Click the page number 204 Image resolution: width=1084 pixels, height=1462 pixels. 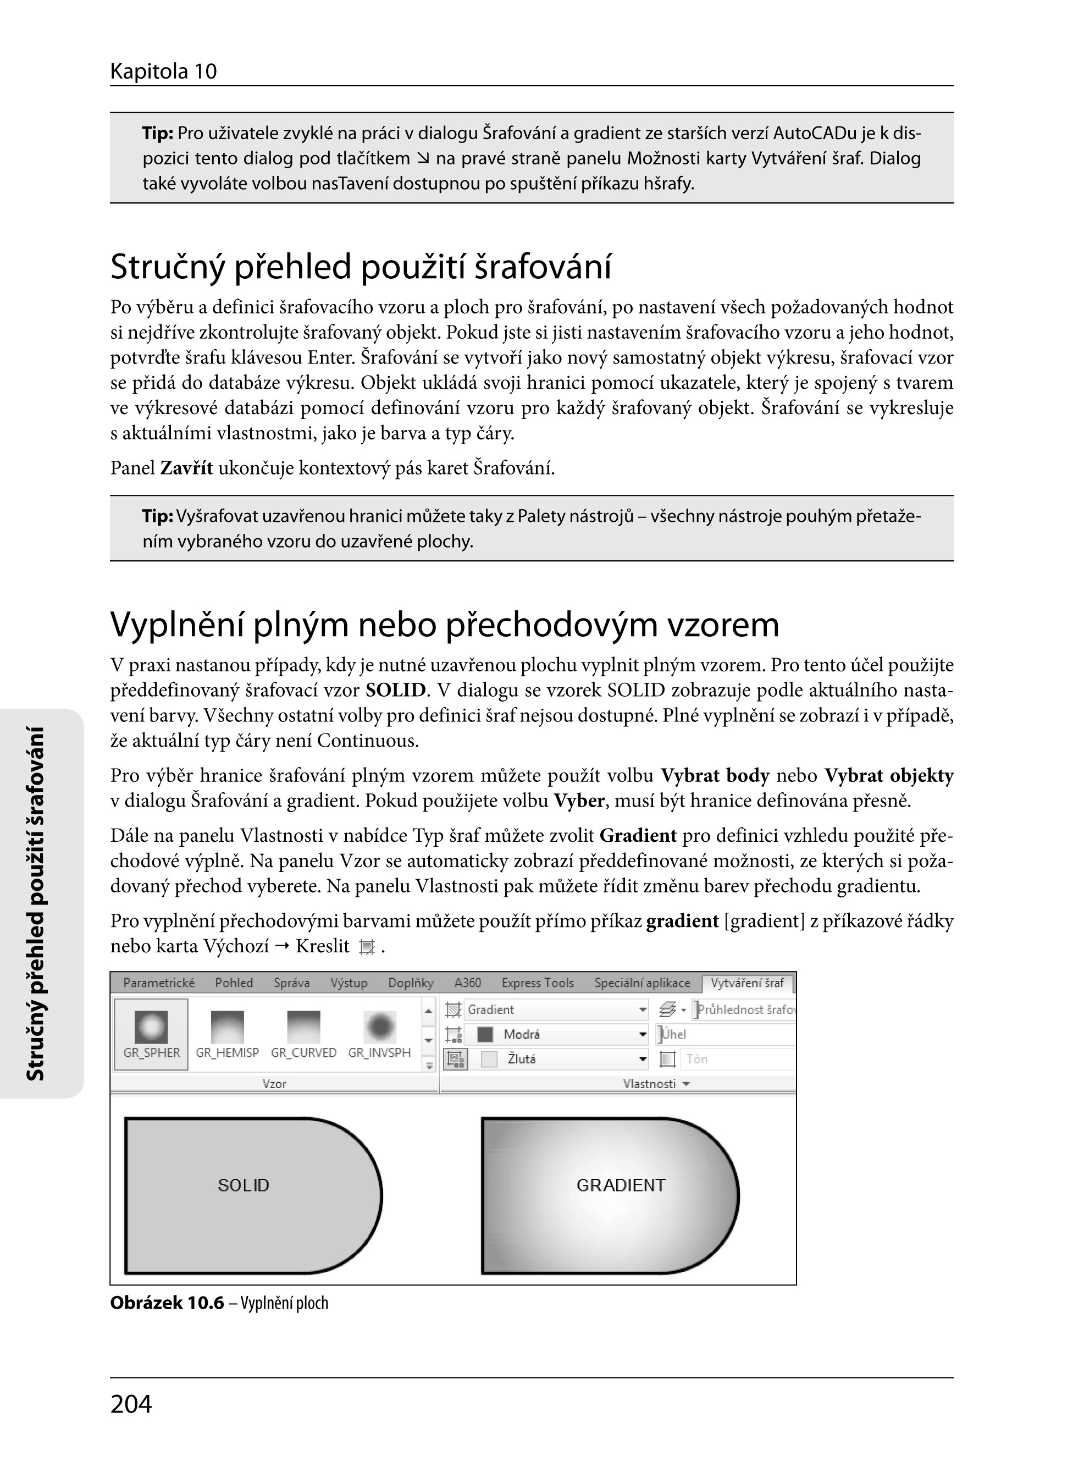click(x=131, y=1404)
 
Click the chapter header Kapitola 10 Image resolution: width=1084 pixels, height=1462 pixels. click(x=163, y=71)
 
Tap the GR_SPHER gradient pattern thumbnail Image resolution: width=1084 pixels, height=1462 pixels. click(x=152, y=1028)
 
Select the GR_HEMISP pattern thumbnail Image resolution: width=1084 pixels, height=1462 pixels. click(x=227, y=1028)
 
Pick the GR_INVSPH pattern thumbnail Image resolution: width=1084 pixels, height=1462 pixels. click(x=380, y=1028)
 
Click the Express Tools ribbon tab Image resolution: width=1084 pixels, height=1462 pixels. click(x=538, y=983)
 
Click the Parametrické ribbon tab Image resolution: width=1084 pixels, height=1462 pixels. click(x=159, y=983)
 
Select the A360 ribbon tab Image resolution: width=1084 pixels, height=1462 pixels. click(x=467, y=983)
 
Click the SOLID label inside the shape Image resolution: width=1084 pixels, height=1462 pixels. click(x=244, y=1185)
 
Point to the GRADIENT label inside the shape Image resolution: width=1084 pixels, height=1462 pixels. click(x=621, y=1185)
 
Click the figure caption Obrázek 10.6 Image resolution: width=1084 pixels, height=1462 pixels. click(x=167, y=1303)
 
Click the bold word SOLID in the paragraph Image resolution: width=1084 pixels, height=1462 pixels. click(x=396, y=691)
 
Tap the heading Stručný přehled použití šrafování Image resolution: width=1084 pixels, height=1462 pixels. click(x=361, y=267)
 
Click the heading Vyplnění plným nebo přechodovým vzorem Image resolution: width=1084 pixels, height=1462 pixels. click(x=445, y=624)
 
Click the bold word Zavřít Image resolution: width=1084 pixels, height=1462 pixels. click(x=186, y=468)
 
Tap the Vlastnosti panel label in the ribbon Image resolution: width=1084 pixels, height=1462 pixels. click(x=650, y=1084)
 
